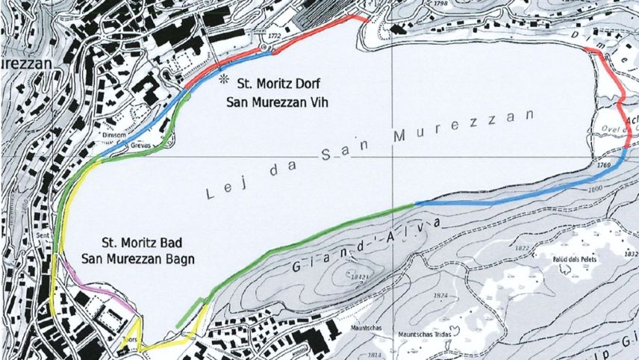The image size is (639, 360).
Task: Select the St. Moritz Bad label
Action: [141, 243]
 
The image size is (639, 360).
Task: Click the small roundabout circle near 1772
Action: [264, 47]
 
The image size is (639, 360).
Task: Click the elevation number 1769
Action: [605, 164]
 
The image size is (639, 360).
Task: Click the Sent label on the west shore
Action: [43, 235]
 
